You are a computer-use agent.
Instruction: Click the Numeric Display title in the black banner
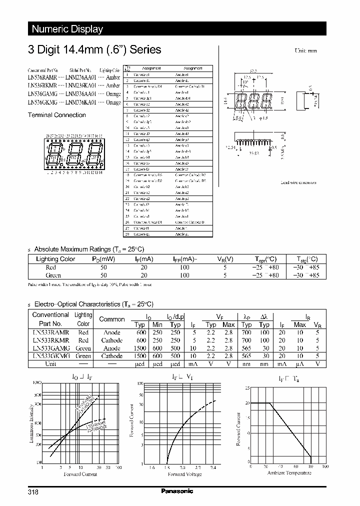tap(67, 29)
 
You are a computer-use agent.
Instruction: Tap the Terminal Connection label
tap(56, 115)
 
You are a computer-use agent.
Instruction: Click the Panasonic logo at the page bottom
tap(176, 491)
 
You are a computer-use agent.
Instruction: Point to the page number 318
tap(33, 491)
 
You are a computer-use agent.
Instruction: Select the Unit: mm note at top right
tap(305, 51)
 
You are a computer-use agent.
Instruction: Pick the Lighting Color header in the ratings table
tap(55, 259)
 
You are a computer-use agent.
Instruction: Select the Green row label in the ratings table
tap(53, 275)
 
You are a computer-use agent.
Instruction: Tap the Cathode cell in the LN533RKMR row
tap(112, 340)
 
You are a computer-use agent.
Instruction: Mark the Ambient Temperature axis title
tap(289, 472)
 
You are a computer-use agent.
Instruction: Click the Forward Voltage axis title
tap(184, 474)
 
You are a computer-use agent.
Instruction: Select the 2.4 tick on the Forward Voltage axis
tap(213, 467)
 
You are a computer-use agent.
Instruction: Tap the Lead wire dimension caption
tap(298, 182)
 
